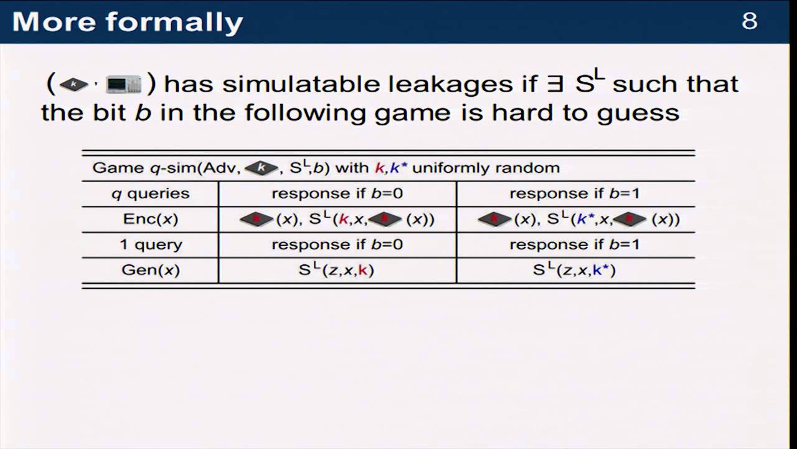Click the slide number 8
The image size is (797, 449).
click(x=750, y=21)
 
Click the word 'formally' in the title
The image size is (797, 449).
click(x=174, y=22)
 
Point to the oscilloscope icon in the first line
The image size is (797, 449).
click(x=124, y=84)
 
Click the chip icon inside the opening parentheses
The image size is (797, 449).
click(x=73, y=84)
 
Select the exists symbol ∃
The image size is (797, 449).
click(x=554, y=84)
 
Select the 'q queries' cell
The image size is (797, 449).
click(x=150, y=193)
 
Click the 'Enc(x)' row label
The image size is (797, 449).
click(x=151, y=219)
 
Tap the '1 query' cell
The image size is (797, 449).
click(x=151, y=244)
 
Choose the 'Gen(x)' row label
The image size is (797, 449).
click(x=151, y=270)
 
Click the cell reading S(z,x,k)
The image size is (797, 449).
click(x=337, y=270)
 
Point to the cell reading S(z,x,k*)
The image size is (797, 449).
click(x=575, y=270)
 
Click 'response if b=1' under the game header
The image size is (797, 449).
click(x=575, y=193)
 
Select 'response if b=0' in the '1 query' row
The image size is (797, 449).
click(x=337, y=244)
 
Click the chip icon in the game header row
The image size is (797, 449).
click(x=260, y=168)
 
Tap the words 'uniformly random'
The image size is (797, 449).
click(x=486, y=168)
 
